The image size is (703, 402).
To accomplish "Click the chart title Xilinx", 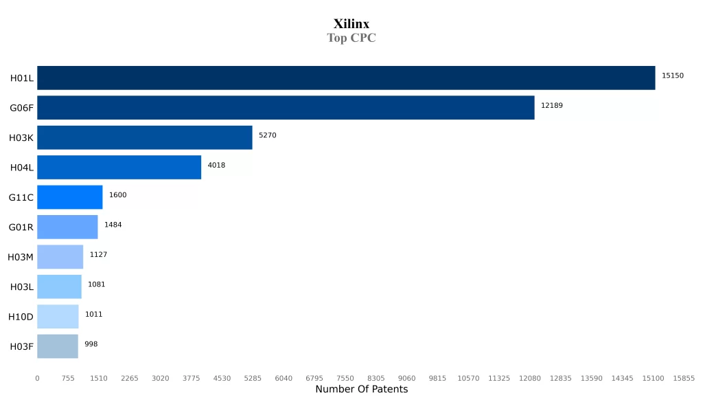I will (x=351, y=24).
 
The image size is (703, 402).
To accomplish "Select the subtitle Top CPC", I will (x=351, y=38).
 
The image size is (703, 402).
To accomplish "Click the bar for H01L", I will (x=346, y=78).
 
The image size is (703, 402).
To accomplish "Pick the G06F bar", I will (x=286, y=108).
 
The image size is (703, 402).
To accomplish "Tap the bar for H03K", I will (x=145, y=137).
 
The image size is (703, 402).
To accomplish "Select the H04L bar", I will (x=119, y=167).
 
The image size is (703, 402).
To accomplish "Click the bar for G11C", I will (x=69, y=197).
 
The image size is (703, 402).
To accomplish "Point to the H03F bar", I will (x=58, y=346).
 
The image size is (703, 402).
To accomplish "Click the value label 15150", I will (x=672, y=76).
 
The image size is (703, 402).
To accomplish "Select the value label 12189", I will (x=551, y=106).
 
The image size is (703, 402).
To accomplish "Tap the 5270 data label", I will (x=267, y=135).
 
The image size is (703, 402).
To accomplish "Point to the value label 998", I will (x=91, y=344).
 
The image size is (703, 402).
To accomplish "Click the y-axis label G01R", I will (x=21, y=227).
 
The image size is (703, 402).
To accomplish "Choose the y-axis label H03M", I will (x=21, y=257).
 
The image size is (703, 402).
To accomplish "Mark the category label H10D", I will (x=21, y=317).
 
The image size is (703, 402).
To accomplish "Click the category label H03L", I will (x=21, y=287).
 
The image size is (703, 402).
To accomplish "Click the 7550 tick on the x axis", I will (x=345, y=378).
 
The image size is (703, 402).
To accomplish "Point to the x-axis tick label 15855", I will (x=684, y=378).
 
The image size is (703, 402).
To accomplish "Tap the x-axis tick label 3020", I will (x=160, y=378).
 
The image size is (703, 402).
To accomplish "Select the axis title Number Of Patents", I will (x=361, y=390).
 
